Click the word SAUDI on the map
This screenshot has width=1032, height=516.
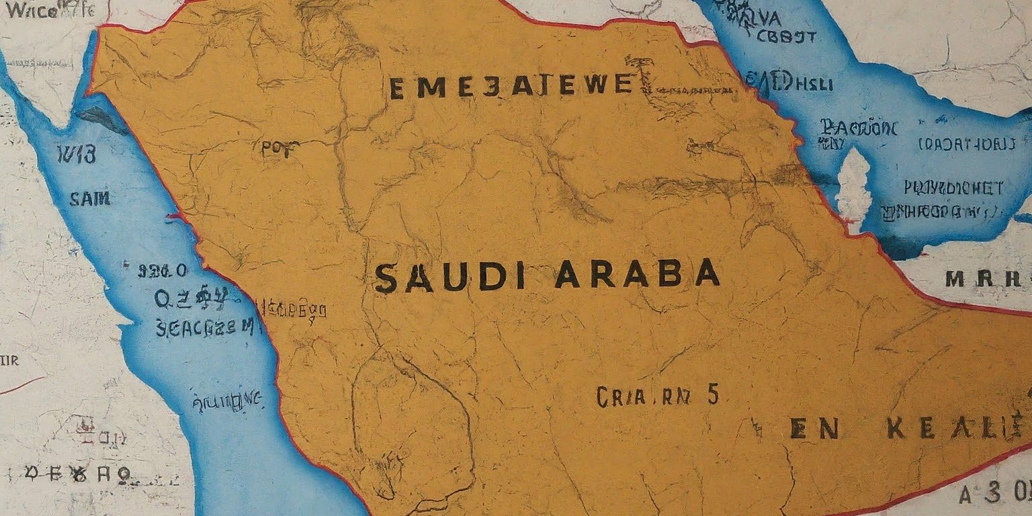pyautogui.click(x=449, y=277)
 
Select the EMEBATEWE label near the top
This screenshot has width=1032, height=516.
pyautogui.click(x=511, y=87)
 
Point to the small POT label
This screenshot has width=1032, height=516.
pyautogui.click(x=275, y=150)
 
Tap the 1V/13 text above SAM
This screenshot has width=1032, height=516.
pyautogui.click(x=77, y=155)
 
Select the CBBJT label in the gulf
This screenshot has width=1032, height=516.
pyautogui.click(x=786, y=37)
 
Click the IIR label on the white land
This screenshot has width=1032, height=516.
pyautogui.click(x=10, y=361)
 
